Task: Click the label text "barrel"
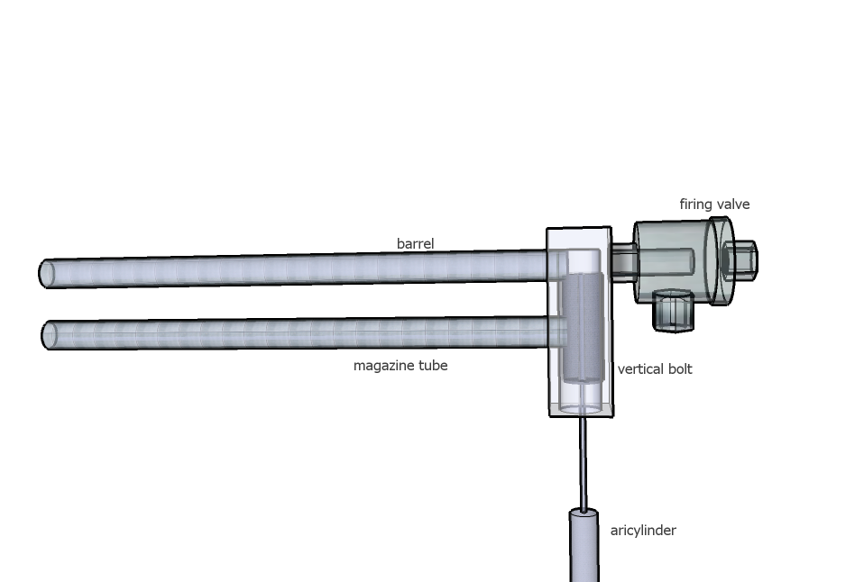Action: click(415, 243)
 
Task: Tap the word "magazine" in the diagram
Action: click(385, 366)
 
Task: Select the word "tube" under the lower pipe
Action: click(433, 366)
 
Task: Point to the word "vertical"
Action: click(640, 369)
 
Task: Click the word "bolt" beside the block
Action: click(678, 369)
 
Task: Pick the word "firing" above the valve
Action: click(695, 205)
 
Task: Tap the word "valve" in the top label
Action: click(732, 205)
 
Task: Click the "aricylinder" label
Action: click(643, 531)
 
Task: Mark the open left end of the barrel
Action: click(47, 274)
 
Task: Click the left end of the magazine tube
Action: click(50, 335)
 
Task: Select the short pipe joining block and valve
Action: click(623, 261)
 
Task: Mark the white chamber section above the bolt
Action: click(583, 260)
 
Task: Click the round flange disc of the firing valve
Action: click(722, 261)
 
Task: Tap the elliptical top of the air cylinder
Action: click(584, 514)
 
